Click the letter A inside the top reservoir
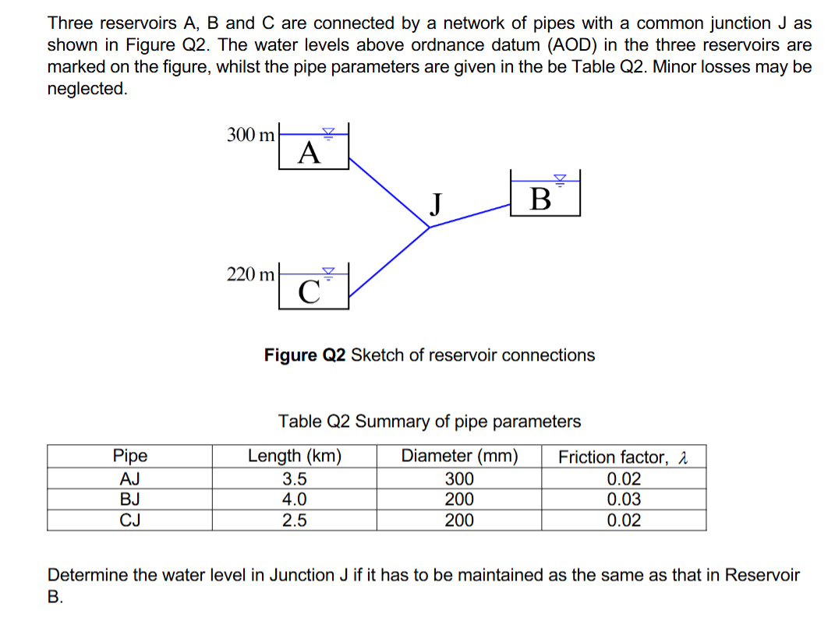(310, 153)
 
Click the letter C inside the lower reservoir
(310, 291)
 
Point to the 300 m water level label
(250, 135)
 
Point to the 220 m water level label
(250, 274)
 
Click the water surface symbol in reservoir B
(558, 178)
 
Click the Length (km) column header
(294, 457)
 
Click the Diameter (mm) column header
(459, 457)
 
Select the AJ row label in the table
(129, 478)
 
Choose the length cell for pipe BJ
(294, 499)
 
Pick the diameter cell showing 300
(459, 478)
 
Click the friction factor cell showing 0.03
(624, 499)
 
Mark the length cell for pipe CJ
(294, 520)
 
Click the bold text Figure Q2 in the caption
(304, 355)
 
